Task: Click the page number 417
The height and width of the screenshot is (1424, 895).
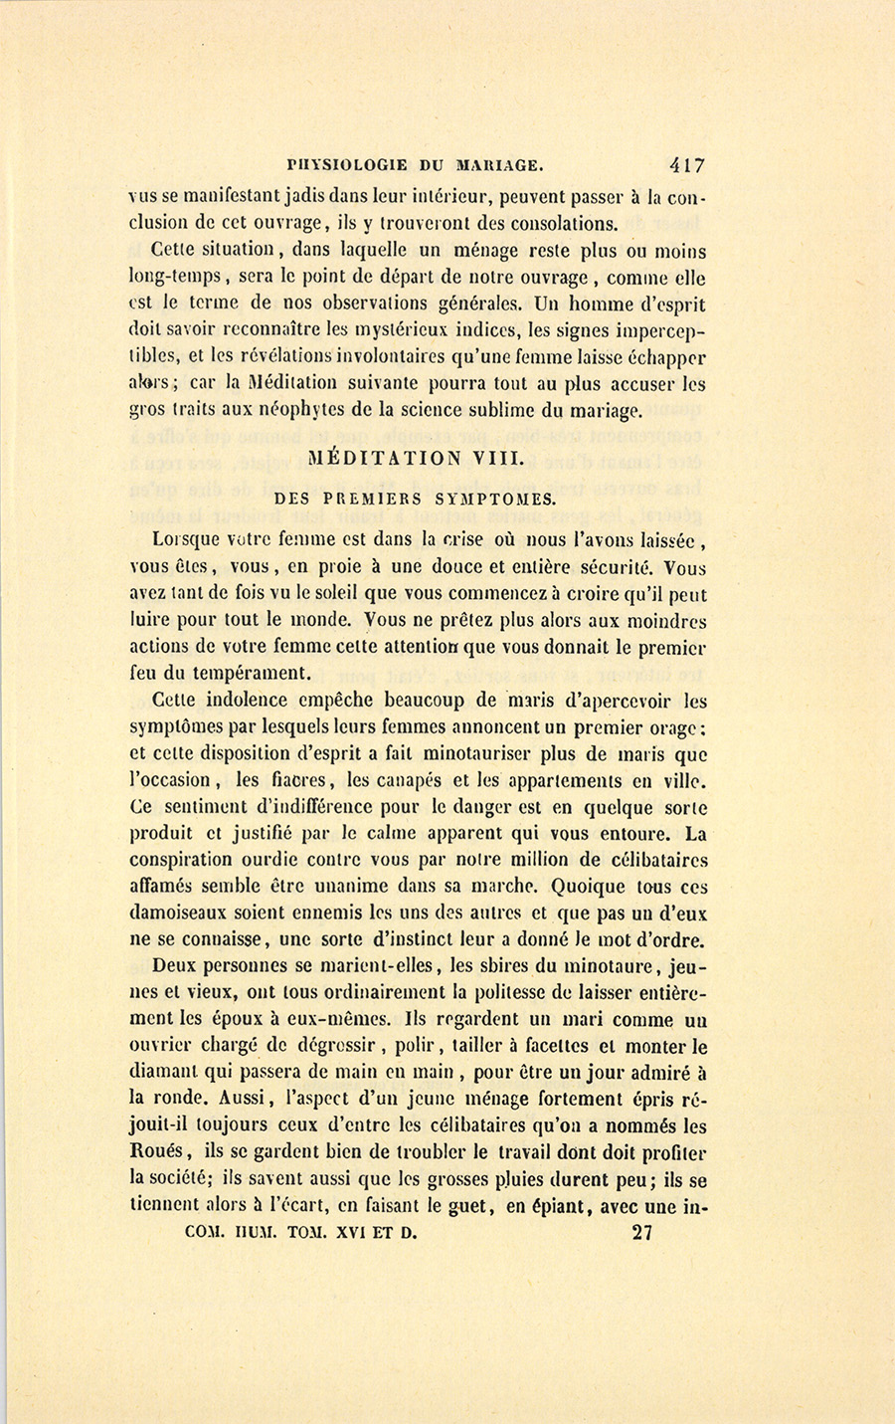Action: (687, 166)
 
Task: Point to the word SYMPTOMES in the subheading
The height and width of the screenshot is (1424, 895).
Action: (504, 499)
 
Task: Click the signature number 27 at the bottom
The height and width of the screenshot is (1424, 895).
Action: (642, 1233)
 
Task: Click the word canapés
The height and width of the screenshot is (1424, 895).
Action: (398, 781)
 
